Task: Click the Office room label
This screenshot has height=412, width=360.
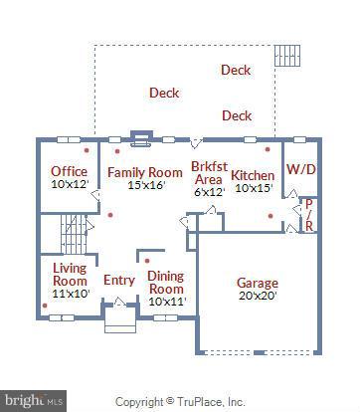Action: pos(69,171)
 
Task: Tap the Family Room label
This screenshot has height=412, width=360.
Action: pos(145,172)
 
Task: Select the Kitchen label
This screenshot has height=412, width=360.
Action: pos(253,175)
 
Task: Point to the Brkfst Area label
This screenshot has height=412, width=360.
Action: pos(208,172)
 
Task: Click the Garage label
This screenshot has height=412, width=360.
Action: pos(257,283)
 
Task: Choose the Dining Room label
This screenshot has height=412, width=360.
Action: pos(166,282)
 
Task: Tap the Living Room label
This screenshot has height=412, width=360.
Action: pos(70,274)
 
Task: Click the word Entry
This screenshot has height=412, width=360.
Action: pos(119,281)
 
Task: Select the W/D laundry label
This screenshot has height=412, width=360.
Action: pos(301,169)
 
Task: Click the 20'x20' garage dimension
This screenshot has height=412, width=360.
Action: pos(257,296)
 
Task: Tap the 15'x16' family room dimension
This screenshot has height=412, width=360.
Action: pos(144,185)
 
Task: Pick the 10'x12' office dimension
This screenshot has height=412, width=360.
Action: pos(70,184)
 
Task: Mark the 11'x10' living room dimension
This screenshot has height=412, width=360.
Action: pos(71,294)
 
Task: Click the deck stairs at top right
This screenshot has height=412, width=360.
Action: pos(288,54)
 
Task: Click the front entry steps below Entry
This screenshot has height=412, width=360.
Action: pos(119,323)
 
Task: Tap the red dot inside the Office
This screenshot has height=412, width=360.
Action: pos(86,150)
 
